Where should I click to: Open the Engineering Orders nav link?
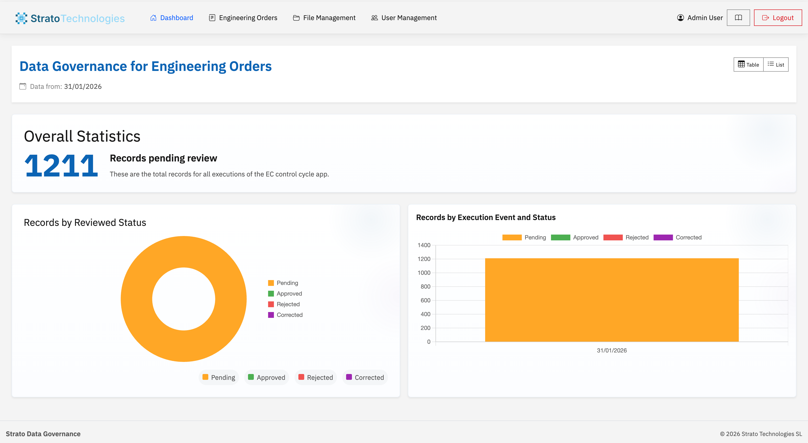click(x=243, y=18)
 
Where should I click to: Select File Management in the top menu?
click(x=324, y=18)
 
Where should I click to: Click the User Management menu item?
click(x=404, y=18)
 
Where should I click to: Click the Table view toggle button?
click(x=748, y=65)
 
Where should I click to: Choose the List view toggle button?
click(x=776, y=65)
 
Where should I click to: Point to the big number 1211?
click(x=61, y=165)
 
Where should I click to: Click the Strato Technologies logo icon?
click(x=21, y=18)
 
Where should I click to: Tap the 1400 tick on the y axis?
click(x=424, y=245)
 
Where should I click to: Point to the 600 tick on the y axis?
click(x=425, y=300)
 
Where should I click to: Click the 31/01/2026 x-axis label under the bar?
click(x=612, y=351)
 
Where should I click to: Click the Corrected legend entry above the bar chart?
click(x=677, y=237)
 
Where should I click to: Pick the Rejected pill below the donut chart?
click(x=316, y=377)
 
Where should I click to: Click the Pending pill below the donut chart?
click(x=219, y=377)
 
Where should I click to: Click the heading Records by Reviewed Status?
click(x=85, y=223)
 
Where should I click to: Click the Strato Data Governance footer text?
click(x=43, y=434)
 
